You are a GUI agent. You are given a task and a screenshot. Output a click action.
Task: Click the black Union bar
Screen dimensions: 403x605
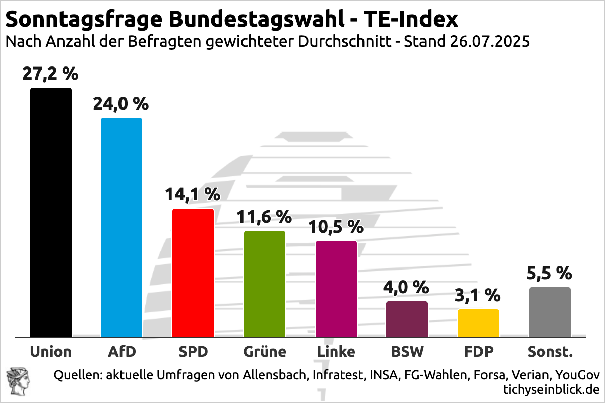(51, 212)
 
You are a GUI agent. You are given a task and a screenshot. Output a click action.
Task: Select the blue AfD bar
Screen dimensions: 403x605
(122, 227)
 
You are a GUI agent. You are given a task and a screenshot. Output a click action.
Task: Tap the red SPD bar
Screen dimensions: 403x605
(193, 272)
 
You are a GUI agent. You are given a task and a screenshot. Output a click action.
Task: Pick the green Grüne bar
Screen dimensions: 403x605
(265, 283)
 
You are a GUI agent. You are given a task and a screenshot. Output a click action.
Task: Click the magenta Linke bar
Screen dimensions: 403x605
(336, 288)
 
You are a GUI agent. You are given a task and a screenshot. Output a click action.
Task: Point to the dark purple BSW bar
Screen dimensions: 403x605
(407, 318)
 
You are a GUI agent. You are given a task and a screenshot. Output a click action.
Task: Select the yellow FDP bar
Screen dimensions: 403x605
(478, 322)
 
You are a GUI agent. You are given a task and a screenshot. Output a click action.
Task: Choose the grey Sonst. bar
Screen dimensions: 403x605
(550, 311)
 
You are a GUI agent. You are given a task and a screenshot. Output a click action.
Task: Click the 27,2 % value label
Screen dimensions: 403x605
(50, 74)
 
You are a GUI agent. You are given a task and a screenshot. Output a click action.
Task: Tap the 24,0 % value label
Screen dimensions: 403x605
(121, 104)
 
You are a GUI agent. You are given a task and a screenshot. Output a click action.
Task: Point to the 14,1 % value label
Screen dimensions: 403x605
(193, 194)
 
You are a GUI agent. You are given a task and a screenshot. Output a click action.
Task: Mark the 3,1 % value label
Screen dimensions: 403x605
(478, 295)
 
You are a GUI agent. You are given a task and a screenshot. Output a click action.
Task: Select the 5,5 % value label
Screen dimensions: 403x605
(550, 273)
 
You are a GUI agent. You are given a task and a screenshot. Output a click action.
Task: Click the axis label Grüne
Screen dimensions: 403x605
(264, 351)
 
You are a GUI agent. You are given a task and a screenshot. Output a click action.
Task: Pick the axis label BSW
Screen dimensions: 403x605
(407, 351)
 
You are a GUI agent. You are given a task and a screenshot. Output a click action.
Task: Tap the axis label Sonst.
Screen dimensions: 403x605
(550, 351)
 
